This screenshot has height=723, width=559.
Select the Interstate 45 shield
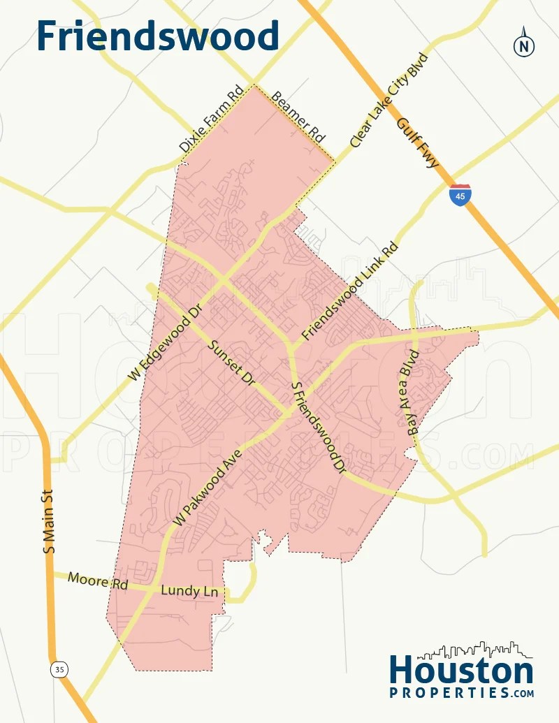pyautogui.click(x=460, y=195)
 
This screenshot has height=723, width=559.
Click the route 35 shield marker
pyautogui.click(x=59, y=670)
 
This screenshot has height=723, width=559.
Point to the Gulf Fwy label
pyautogui.click(x=417, y=143)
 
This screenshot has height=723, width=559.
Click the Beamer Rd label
pyautogui.click(x=299, y=115)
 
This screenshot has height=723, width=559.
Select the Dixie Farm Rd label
pyautogui.click(x=210, y=119)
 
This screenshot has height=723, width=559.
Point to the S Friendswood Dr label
pyautogui.click(x=319, y=429)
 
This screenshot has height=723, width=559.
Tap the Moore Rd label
pyautogui.click(x=98, y=580)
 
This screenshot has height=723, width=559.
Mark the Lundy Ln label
pyautogui.click(x=190, y=591)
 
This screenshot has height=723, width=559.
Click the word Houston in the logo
pyautogui.click(x=461, y=671)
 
